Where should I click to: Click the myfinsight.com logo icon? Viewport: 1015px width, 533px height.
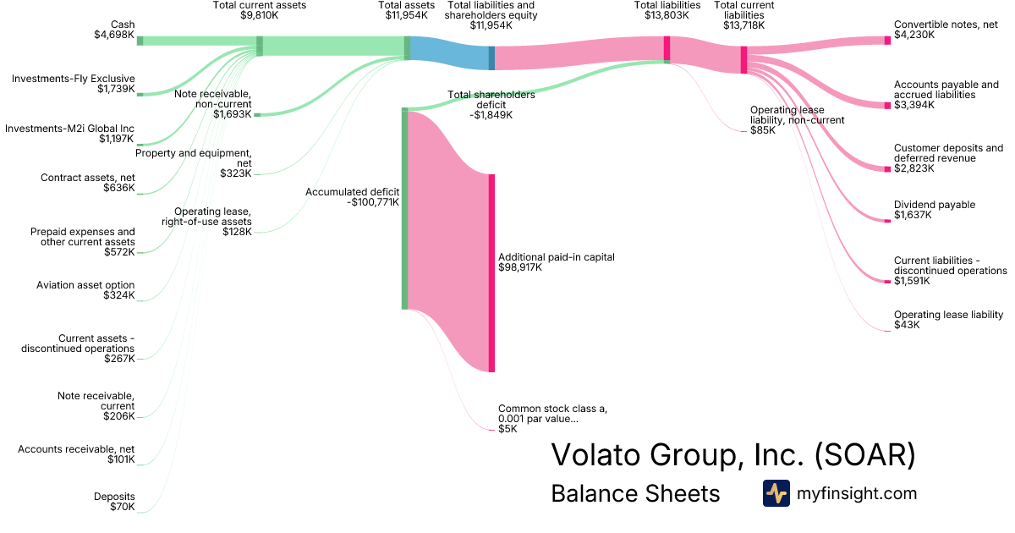click(x=776, y=493)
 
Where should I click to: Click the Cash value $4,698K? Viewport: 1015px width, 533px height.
click(x=114, y=35)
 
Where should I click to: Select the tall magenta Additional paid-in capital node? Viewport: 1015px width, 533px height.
click(x=491, y=273)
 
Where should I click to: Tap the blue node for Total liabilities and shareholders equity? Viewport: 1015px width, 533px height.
click(x=491, y=58)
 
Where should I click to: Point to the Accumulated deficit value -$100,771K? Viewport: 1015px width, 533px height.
click(x=373, y=202)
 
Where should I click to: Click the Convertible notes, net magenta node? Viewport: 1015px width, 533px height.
click(x=887, y=41)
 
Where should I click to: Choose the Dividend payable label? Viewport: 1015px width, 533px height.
click(x=935, y=205)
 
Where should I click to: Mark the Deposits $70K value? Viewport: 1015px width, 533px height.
click(x=123, y=507)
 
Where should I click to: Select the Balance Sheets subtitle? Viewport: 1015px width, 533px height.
click(x=635, y=493)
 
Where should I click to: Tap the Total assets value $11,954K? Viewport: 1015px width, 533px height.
click(x=407, y=15)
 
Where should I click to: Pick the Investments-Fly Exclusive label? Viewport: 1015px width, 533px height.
click(x=74, y=79)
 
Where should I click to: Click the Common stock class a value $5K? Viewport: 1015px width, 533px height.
click(x=507, y=429)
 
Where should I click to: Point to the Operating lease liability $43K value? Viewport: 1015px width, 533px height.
click(x=907, y=325)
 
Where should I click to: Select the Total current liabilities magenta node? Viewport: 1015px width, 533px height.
click(x=744, y=60)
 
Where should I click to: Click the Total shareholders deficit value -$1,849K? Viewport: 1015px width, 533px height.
click(x=491, y=115)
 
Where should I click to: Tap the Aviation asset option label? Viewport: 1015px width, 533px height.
click(x=85, y=285)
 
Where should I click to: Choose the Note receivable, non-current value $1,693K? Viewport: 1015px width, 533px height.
click(x=233, y=114)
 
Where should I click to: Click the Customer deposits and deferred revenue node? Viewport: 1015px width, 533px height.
click(x=887, y=169)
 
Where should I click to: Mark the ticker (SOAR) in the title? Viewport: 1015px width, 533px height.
click(x=865, y=454)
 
